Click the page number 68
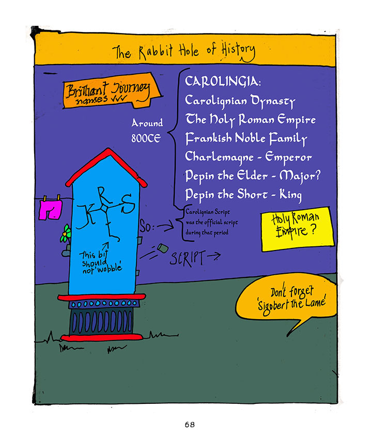point(189,425)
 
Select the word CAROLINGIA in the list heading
point(223,82)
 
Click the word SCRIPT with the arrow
point(189,257)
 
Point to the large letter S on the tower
point(128,207)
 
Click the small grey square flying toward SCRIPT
point(162,248)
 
